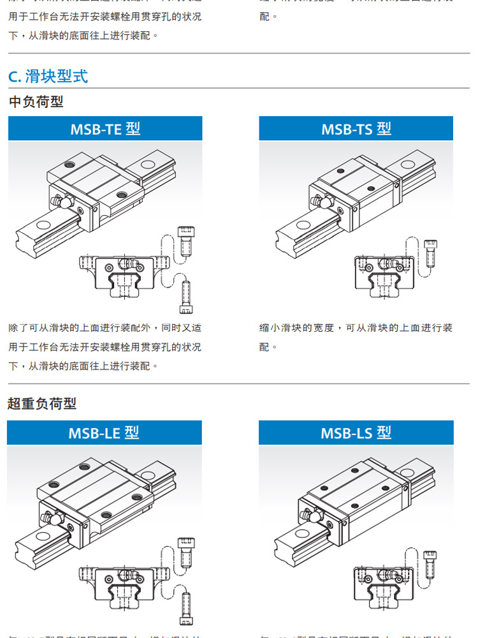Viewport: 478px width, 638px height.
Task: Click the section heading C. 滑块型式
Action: [48, 77]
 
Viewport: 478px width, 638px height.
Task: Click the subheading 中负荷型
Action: [36, 101]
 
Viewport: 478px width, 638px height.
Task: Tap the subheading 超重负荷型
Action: [42, 403]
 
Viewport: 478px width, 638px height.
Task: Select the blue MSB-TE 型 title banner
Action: [105, 129]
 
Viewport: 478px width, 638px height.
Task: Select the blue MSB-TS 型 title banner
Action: [356, 129]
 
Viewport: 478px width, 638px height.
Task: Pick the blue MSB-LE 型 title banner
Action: [105, 433]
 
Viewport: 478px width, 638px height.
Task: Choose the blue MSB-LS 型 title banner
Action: [356, 433]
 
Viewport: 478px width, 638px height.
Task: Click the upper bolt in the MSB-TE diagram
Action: [185, 240]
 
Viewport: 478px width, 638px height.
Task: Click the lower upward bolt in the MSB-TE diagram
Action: [186, 298]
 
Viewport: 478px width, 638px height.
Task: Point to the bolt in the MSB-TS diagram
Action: [431, 252]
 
